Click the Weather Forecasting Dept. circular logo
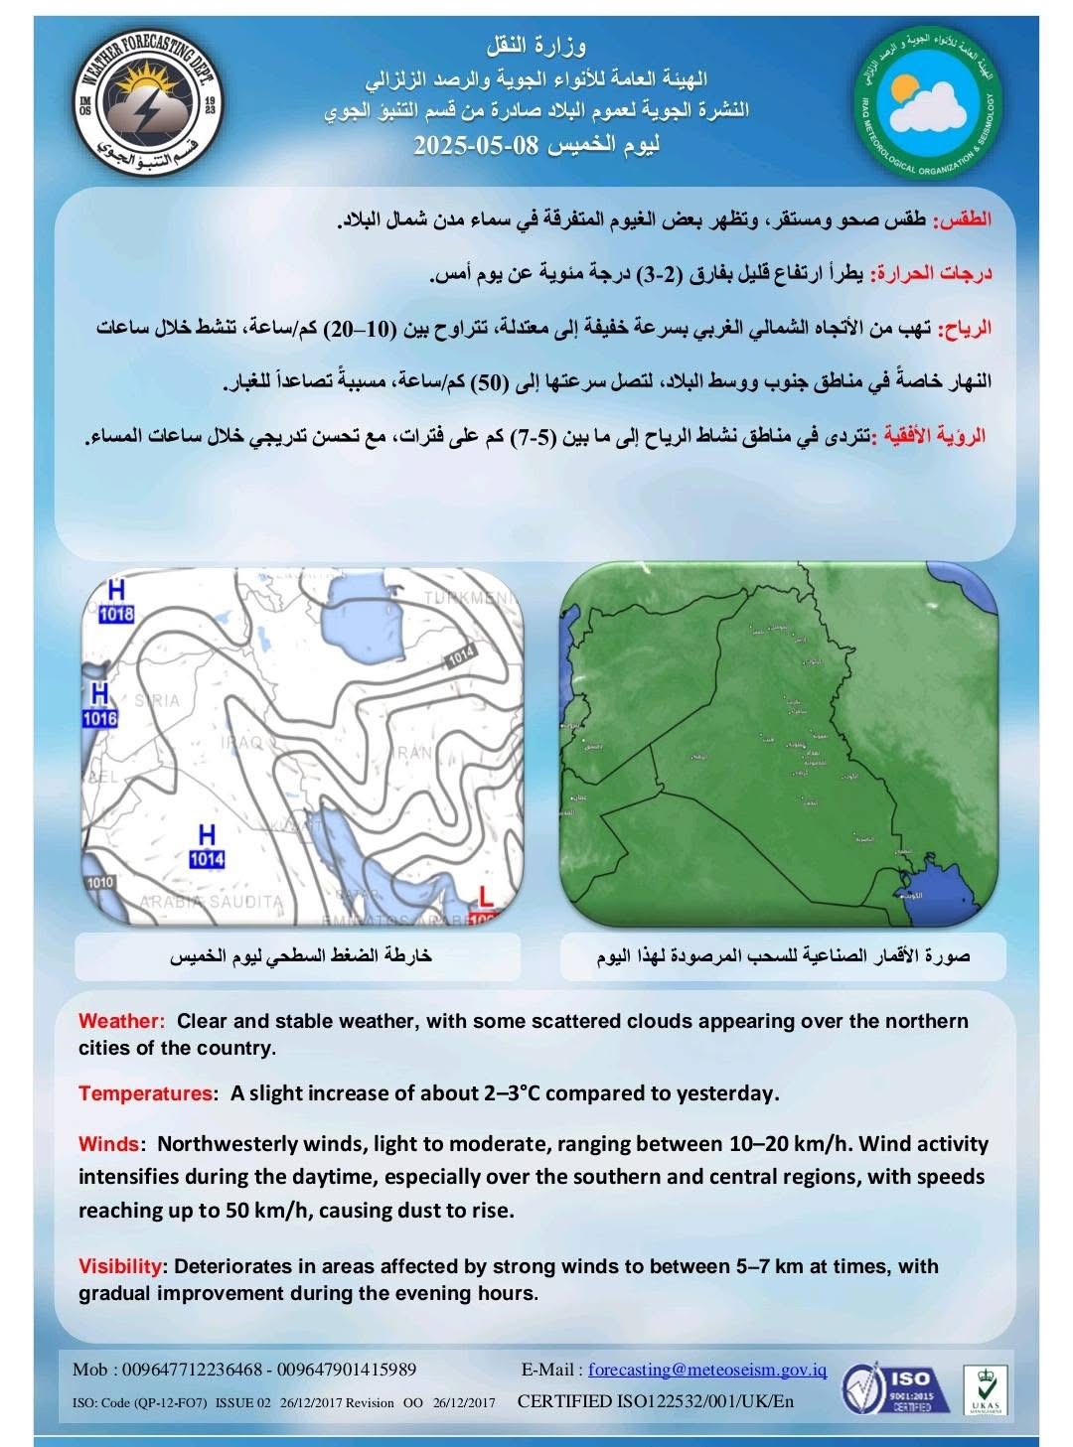click(149, 101)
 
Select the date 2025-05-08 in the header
click(476, 145)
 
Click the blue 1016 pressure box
click(99, 718)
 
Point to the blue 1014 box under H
click(207, 859)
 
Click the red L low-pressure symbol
click(485, 896)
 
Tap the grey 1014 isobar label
click(460, 656)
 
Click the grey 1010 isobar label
click(100, 882)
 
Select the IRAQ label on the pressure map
click(243, 743)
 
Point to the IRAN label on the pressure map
click(414, 753)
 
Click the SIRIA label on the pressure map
click(157, 700)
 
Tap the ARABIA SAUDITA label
click(211, 902)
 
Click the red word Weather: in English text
click(120, 1021)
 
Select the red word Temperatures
click(145, 1093)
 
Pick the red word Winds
click(108, 1144)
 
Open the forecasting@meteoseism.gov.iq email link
click(707, 1370)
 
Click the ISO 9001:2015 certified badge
click(895, 1387)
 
